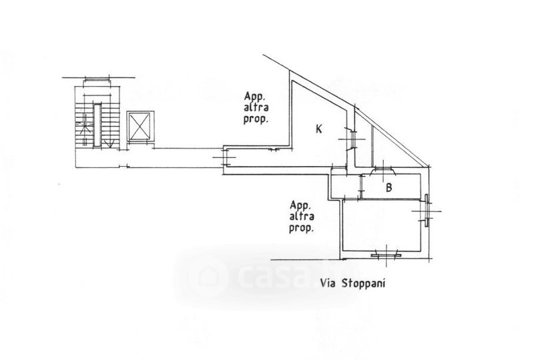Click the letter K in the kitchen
coord(319,129)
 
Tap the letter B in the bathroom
coord(389,187)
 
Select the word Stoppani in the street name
coord(363,283)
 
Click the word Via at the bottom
coord(328,283)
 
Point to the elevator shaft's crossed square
coord(140,126)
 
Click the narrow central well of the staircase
coord(97,125)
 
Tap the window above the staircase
coord(97,79)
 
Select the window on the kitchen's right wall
coord(352,139)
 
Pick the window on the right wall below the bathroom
coord(426,210)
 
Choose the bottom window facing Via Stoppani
coord(386,255)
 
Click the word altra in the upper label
coord(256,107)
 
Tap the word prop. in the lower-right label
coord(301,227)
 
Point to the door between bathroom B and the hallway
coord(361,187)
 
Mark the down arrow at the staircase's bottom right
coord(109,143)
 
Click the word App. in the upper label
coord(253,97)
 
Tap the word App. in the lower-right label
coord(299,205)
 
